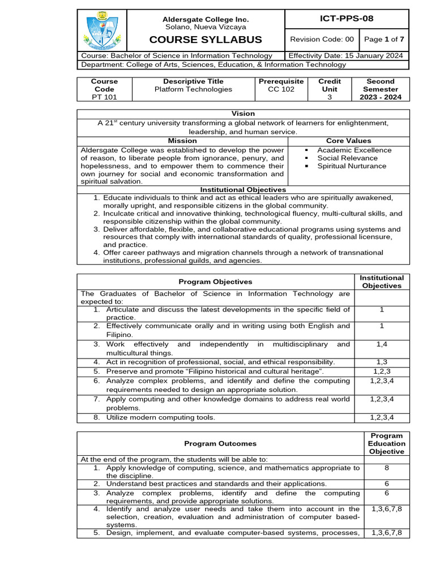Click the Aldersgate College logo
[x=101, y=31]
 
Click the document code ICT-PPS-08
[x=347, y=19]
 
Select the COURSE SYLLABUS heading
[x=206, y=40]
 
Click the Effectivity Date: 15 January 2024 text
[x=346, y=55]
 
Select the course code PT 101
[x=104, y=97]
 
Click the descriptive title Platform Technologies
[x=193, y=89]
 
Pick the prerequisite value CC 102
[x=281, y=89]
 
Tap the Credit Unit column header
[x=330, y=85]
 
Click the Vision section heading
[x=243, y=114]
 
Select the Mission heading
[x=182, y=140]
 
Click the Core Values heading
[x=348, y=140]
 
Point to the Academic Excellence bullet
[x=354, y=150]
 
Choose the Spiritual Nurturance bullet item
[x=351, y=166]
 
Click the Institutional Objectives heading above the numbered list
[x=243, y=189]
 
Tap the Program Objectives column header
[x=215, y=282]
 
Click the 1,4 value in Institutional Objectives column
[x=382, y=344]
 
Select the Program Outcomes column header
[x=220, y=444]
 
